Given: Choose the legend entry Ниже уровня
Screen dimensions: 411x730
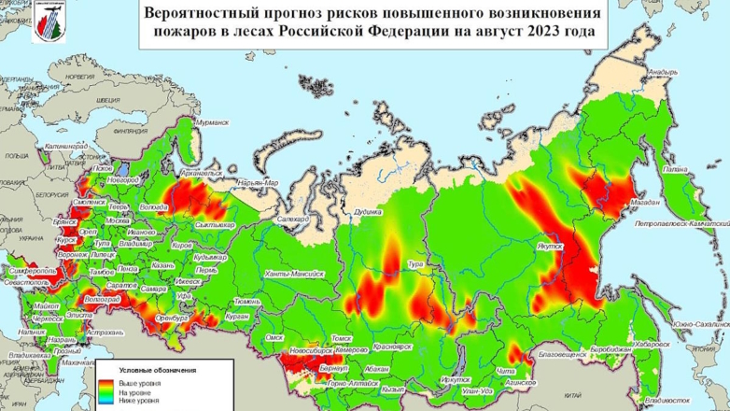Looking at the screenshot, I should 136,401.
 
